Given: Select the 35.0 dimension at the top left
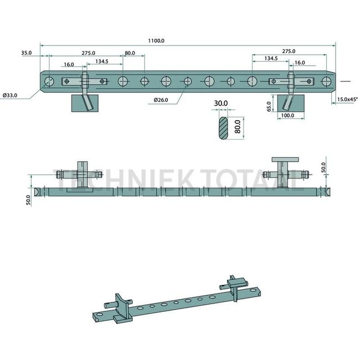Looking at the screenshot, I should (x=26, y=53).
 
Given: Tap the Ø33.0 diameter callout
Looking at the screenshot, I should (x=10, y=96).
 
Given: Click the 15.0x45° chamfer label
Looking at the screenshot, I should (x=347, y=100).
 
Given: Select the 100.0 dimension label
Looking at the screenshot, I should (x=288, y=116).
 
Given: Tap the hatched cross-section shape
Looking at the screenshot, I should (x=223, y=128).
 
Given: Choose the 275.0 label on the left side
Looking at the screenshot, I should (x=88, y=53).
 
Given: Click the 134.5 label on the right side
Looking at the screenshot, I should (x=271, y=58).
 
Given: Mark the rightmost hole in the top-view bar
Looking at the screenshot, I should (x=326, y=82).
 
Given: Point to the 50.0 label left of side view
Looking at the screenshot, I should (x=28, y=198).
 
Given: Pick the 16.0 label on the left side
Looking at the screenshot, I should (x=69, y=65).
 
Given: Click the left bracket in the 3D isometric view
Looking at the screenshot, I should (x=119, y=306).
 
